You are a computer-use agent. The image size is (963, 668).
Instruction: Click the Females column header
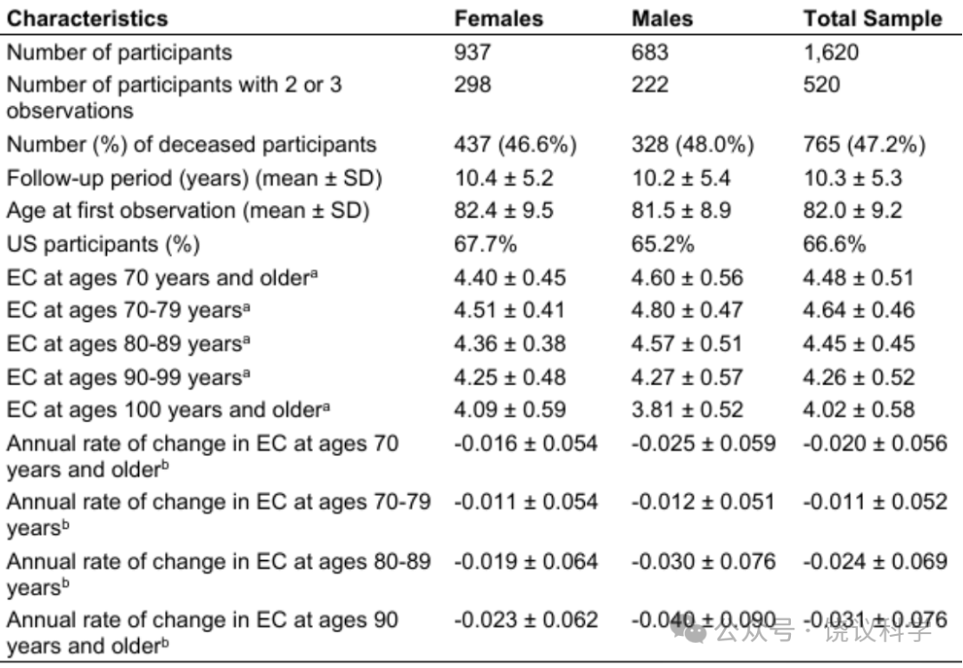click(498, 19)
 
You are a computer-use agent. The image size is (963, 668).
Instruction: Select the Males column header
click(662, 19)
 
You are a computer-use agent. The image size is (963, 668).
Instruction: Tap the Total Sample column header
click(873, 19)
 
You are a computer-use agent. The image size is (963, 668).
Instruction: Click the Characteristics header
click(87, 19)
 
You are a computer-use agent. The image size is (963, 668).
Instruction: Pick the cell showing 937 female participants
click(473, 53)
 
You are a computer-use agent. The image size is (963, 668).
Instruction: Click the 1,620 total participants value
click(831, 53)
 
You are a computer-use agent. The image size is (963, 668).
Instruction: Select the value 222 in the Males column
click(650, 84)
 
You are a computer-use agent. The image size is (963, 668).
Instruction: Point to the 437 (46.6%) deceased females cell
click(515, 144)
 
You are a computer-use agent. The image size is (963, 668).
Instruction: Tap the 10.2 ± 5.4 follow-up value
click(681, 178)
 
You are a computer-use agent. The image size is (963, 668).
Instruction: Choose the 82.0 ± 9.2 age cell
click(852, 210)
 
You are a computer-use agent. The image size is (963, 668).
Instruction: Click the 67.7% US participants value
click(485, 244)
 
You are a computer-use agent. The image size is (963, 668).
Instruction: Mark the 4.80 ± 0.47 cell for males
click(687, 310)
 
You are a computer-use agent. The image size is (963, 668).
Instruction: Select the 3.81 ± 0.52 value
click(687, 410)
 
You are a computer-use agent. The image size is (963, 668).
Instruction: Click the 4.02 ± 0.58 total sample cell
click(859, 410)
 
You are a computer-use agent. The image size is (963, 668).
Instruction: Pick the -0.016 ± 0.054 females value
click(526, 443)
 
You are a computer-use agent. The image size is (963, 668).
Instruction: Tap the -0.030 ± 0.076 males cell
click(704, 562)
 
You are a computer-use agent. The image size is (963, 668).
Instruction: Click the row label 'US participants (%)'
click(103, 244)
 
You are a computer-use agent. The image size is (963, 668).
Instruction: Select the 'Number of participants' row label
click(119, 53)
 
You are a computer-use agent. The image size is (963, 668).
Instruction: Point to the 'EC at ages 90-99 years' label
click(128, 377)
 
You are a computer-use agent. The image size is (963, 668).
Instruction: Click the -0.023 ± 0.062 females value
click(526, 620)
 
